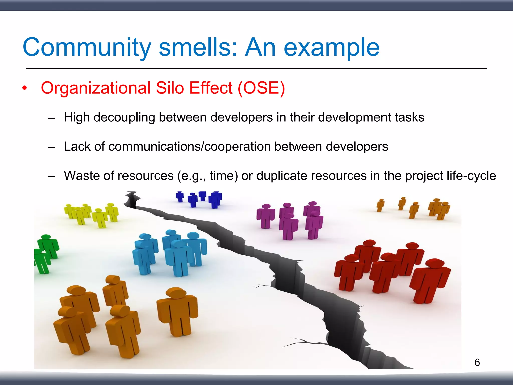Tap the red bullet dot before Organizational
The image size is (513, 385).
[x=24, y=88]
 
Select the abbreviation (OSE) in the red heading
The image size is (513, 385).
[x=261, y=88]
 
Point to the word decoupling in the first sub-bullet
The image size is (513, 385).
[x=124, y=117]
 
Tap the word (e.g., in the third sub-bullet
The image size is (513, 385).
[x=192, y=176]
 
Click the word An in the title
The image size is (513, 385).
[x=260, y=48]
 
